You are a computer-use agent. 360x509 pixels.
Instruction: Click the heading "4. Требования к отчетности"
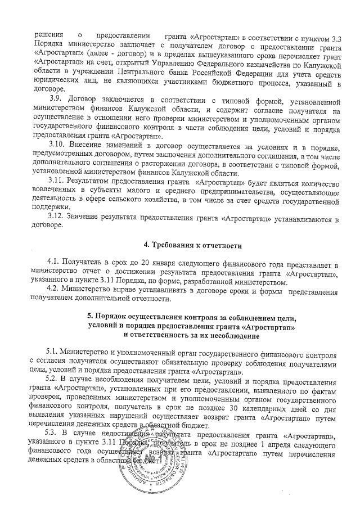(192, 245)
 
